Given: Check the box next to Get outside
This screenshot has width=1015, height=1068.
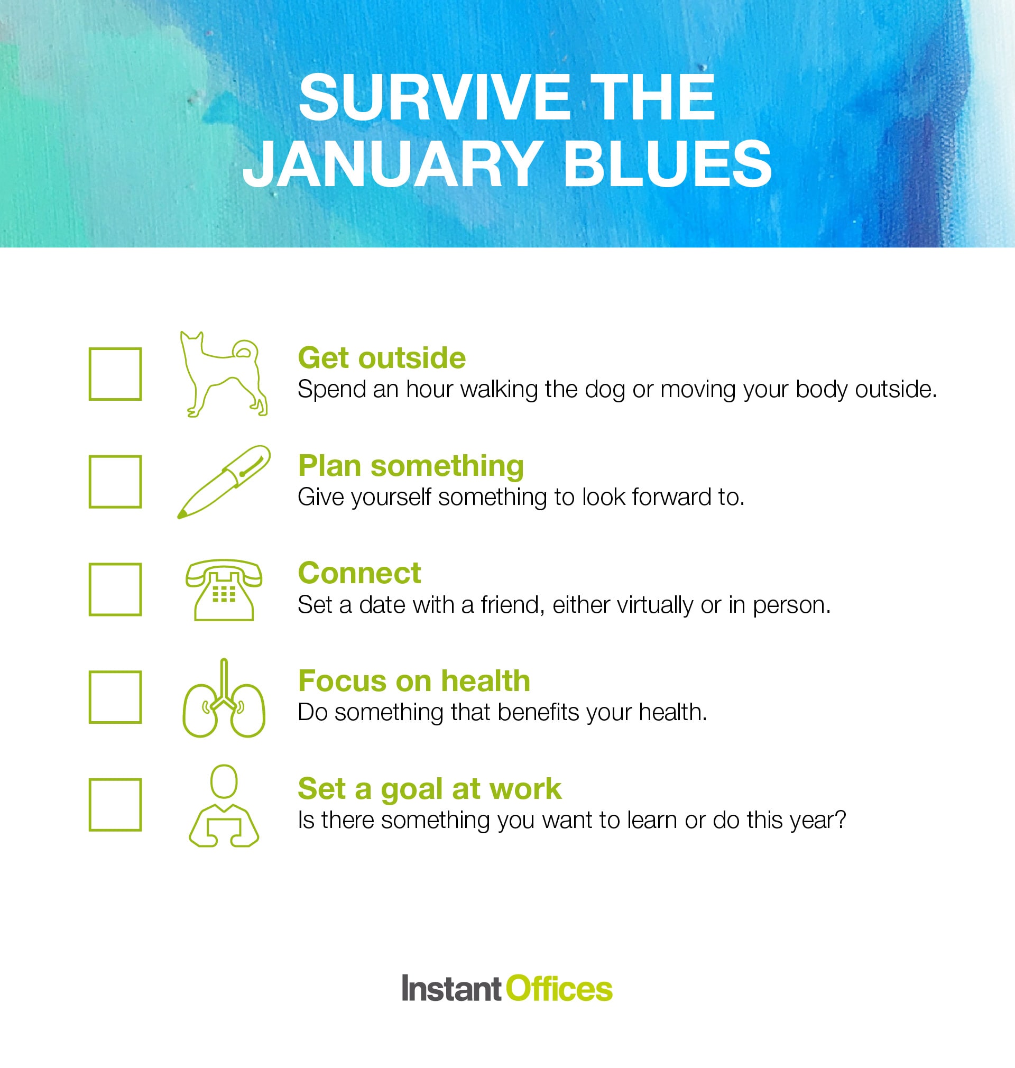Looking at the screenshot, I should [115, 374].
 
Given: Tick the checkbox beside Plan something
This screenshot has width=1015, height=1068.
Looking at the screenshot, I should [115, 482].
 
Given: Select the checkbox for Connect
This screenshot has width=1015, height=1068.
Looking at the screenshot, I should [115, 589].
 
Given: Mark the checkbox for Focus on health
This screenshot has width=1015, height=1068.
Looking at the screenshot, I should [115, 697].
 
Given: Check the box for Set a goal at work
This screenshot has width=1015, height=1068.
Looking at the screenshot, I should [115, 805].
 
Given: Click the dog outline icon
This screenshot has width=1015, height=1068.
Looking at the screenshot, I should [224, 374].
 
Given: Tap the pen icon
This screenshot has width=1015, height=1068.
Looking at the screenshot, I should [224, 482].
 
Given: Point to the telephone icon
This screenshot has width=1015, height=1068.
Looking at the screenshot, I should [224, 589].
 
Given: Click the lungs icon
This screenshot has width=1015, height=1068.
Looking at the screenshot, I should [224, 698].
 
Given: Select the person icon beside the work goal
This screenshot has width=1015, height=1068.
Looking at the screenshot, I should [224, 806].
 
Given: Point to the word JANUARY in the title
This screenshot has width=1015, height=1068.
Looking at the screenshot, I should [393, 164].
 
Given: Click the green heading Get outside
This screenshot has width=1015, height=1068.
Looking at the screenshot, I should [382, 357].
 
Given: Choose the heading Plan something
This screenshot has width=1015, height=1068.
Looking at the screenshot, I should [411, 465].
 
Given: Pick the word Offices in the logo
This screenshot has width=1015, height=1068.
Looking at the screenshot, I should [559, 989].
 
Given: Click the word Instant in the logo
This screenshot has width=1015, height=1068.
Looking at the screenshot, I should [452, 989].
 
